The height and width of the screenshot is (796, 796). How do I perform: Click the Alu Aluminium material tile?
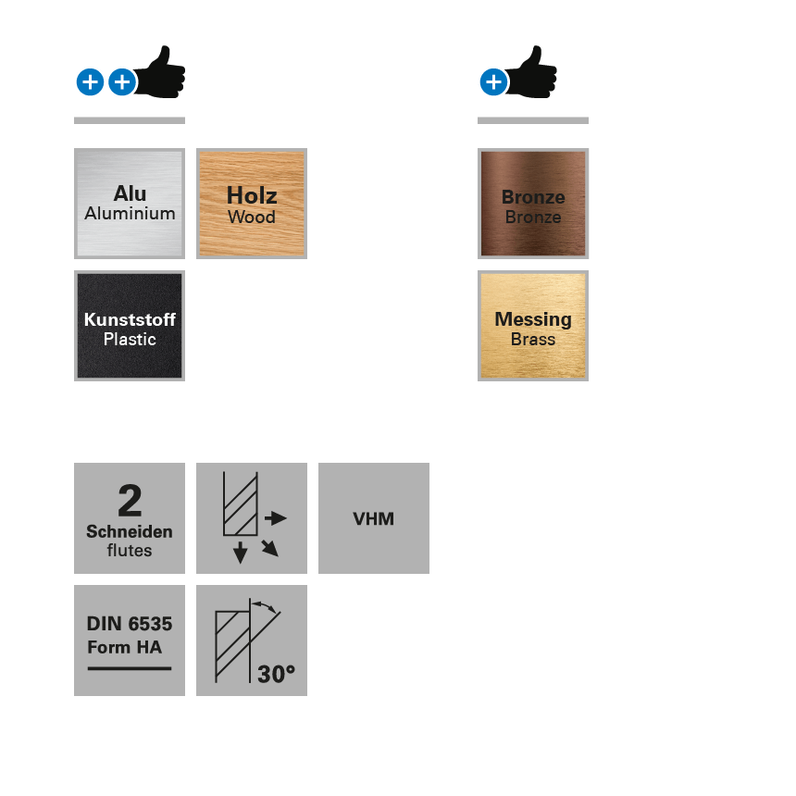pyautogui.click(x=130, y=204)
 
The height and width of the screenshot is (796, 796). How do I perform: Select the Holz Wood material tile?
pyautogui.click(x=252, y=204)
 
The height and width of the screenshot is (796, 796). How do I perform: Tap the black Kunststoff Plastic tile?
pyautogui.click(x=130, y=326)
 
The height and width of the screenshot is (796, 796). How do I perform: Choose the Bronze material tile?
pyautogui.click(x=533, y=204)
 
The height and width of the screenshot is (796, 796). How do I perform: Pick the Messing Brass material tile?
pyautogui.click(x=533, y=326)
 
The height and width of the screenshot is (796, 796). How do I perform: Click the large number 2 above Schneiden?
pyautogui.click(x=130, y=502)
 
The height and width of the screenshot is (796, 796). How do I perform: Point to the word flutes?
pyautogui.click(x=130, y=551)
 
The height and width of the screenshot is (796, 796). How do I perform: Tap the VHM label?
pyautogui.click(x=374, y=519)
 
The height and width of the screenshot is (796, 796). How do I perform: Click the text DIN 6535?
pyautogui.click(x=130, y=624)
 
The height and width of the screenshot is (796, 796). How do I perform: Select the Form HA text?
pyautogui.click(x=124, y=647)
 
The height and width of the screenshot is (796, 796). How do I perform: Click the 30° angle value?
pyautogui.click(x=276, y=675)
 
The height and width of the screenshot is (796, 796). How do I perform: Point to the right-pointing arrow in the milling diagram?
pyautogui.click(x=276, y=518)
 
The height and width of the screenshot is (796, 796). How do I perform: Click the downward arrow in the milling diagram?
pyautogui.click(x=241, y=553)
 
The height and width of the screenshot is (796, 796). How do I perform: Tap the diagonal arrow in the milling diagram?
pyautogui.click(x=269, y=548)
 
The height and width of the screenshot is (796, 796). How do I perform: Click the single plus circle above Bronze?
pyautogui.click(x=493, y=82)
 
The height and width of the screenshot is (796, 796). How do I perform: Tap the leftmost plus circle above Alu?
pyautogui.click(x=90, y=82)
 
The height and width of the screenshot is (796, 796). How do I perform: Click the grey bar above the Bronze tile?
pyautogui.click(x=533, y=120)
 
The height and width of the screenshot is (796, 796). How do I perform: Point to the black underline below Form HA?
pyautogui.click(x=130, y=668)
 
